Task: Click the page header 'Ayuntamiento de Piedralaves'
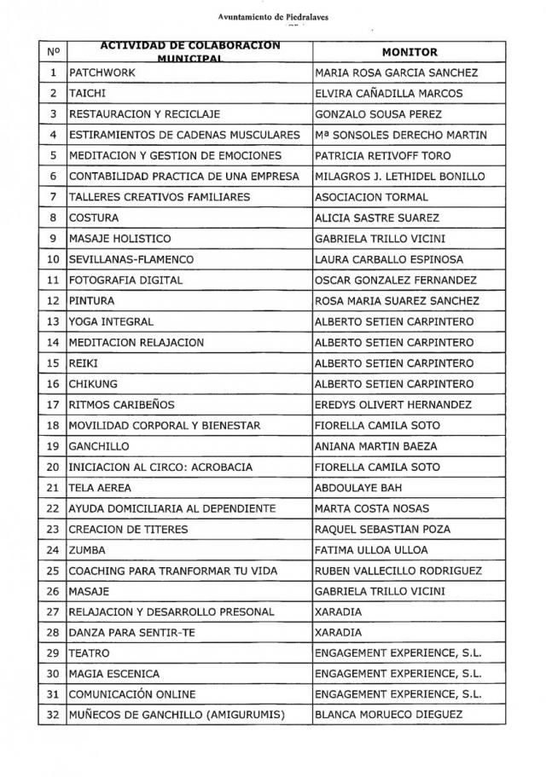pyautogui.click(x=272, y=17)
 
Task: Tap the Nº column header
pyautogui.click(x=52, y=52)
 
